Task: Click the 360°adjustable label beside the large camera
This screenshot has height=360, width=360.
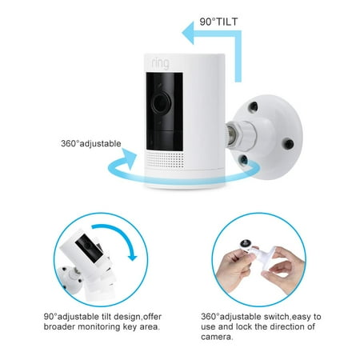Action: (90, 144)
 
